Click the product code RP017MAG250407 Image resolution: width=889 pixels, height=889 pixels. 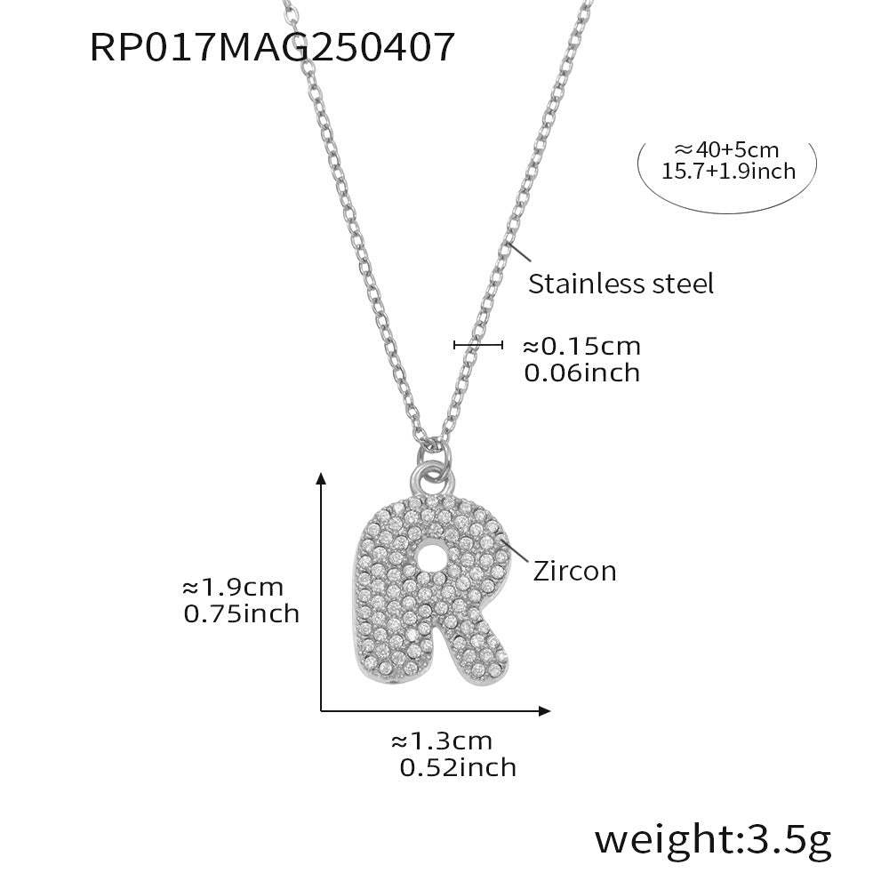[x=273, y=47]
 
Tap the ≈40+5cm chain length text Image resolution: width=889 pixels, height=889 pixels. [x=727, y=150]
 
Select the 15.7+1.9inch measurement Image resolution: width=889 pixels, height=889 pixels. [x=728, y=171]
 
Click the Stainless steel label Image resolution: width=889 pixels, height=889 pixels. [x=621, y=284]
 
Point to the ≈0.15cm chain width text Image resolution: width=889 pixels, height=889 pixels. [x=580, y=346]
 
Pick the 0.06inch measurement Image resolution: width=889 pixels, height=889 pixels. [x=581, y=372]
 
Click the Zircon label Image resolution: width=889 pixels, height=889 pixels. [x=574, y=570]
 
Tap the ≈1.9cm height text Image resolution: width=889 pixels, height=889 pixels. [x=232, y=588]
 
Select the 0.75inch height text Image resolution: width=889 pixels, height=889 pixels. [x=241, y=613]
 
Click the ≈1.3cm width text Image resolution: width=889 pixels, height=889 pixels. [x=441, y=741]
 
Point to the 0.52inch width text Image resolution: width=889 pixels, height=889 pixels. [x=458, y=766]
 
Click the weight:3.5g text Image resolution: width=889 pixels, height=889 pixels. [x=713, y=837]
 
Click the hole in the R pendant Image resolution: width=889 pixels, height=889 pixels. [x=433, y=557]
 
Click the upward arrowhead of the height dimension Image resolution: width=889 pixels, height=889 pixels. [x=322, y=481]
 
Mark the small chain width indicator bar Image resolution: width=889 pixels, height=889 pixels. [x=478, y=345]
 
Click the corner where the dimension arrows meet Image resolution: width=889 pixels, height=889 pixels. [x=322, y=709]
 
